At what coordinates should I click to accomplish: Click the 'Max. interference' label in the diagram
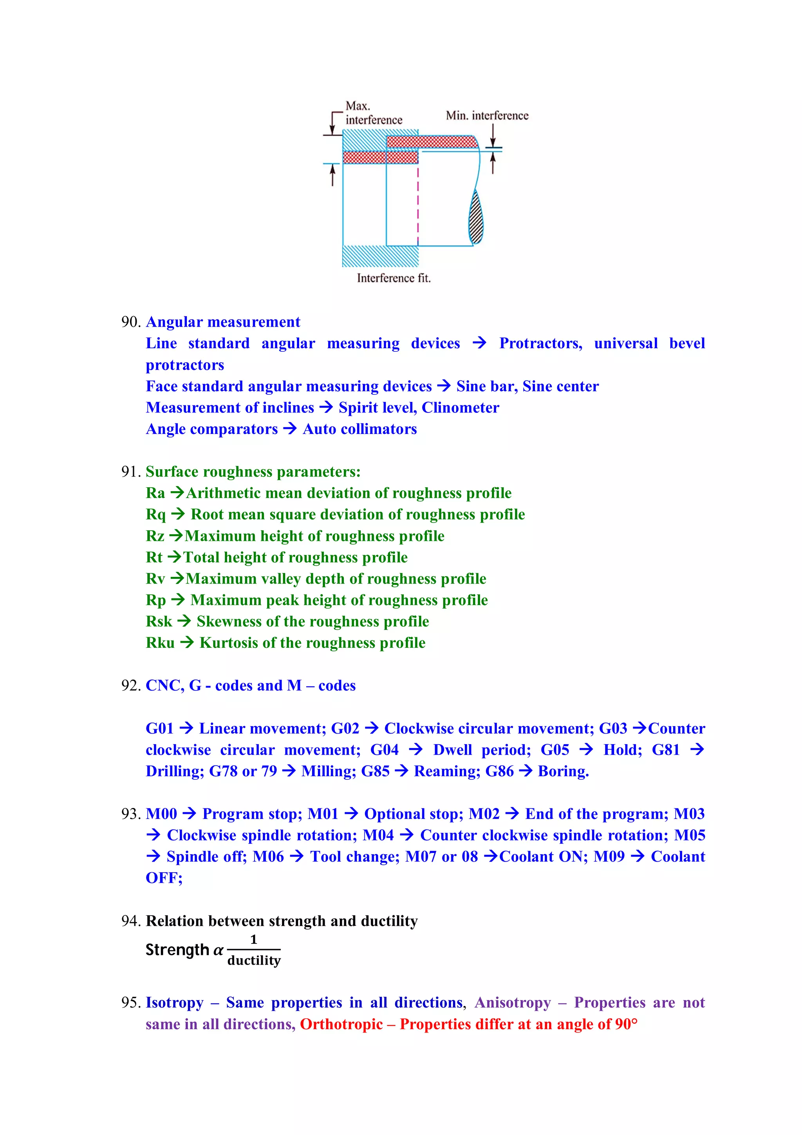click(x=373, y=113)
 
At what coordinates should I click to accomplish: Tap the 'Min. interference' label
click(x=487, y=116)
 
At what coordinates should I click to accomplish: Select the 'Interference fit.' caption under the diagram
click(x=393, y=278)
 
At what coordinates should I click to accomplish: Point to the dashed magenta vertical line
click(x=418, y=203)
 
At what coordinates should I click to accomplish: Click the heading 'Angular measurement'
click(x=223, y=322)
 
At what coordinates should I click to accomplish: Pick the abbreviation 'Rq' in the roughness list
click(x=155, y=515)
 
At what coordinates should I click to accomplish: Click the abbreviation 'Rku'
click(x=160, y=643)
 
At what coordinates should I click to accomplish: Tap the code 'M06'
click(x=268, y=857)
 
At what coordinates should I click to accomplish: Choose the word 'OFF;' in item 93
click(x=164, y=878)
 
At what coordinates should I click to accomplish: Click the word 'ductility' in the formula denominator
click(x=254, y=960)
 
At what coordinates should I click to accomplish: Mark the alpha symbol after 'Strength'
click(x=218, y=950)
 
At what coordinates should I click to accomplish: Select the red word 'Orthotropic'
click(x=341, y=1024)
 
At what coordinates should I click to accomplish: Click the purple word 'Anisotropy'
click(x=513, y=1003)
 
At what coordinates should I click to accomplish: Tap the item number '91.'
click(x=131, y=472)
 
